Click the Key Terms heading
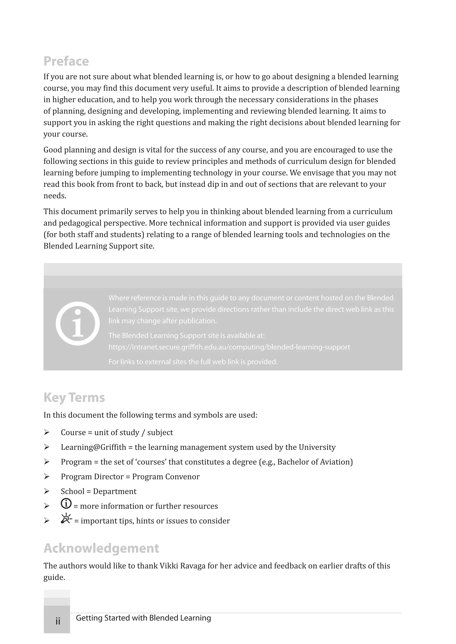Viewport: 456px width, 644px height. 74,397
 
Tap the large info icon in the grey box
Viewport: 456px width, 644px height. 77,323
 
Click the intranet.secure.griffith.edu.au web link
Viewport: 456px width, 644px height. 229,347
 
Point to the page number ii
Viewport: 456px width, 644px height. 58,621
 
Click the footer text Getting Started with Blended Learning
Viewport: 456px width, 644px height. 143,618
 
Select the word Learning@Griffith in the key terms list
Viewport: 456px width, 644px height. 93,447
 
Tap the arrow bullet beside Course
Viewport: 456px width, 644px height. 47,433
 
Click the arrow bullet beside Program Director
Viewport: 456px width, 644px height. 47,477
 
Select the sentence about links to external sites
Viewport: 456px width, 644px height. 193,362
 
